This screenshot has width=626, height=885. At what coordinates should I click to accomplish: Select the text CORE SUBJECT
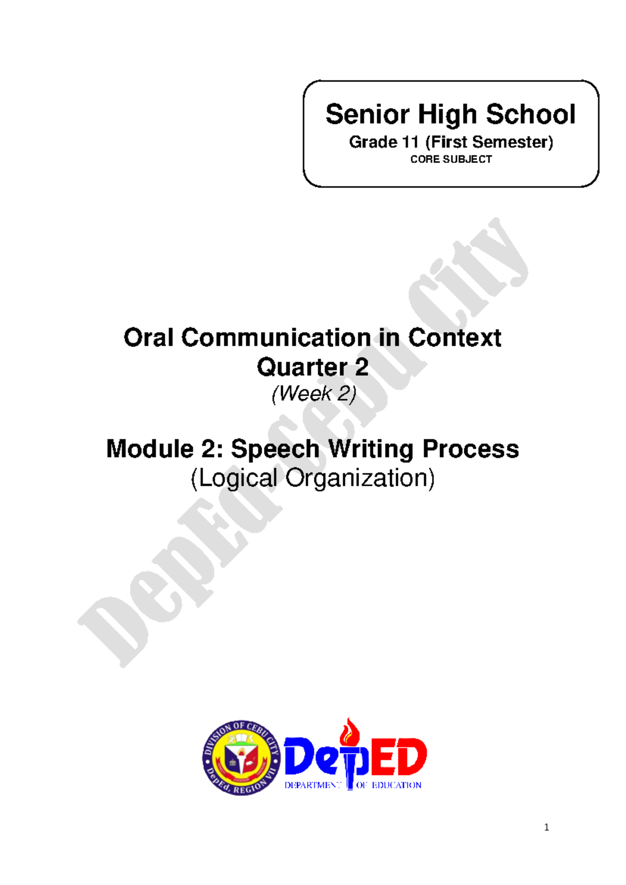pos(451,159)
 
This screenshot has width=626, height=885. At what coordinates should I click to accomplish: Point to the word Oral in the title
pos(148,338)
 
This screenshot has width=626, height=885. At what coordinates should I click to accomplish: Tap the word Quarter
pos(302,367)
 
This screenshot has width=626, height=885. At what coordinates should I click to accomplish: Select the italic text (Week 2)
pos(314,393)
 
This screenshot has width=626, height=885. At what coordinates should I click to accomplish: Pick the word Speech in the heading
pos(275,449)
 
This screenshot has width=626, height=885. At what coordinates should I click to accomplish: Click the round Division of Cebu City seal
pos(241,758)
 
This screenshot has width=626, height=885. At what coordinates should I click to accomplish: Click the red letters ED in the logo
pos(399,757)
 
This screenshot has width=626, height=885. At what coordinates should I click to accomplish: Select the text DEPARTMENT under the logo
pos(312,785)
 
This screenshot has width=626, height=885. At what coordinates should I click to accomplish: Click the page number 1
pos(546,827)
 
